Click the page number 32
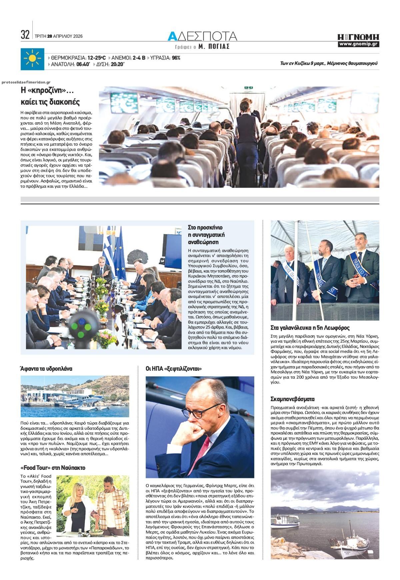click(25, 35)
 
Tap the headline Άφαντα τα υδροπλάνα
click(46, 369)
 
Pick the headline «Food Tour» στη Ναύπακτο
click(53, 467)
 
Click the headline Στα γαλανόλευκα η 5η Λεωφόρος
click(310, 328)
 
